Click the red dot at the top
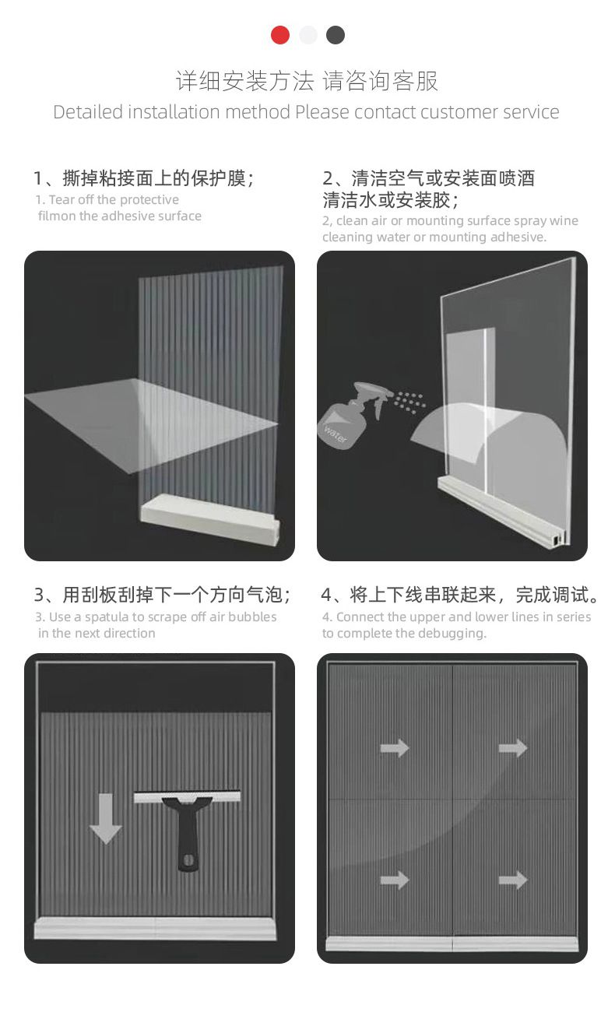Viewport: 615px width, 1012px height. pos(280,35)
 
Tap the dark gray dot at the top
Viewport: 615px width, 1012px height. pos(336,35)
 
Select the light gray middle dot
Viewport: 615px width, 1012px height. pos(307,35)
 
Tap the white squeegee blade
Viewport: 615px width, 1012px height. pos(187,796)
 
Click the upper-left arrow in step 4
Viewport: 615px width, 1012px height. pos(395,748)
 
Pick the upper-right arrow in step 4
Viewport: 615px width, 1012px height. pos(513,748)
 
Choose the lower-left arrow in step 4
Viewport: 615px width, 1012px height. pos(395,880)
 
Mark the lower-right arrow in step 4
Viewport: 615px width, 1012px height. pos(513,880)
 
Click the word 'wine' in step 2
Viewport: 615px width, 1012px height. pos(564,220)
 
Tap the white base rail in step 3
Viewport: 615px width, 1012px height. pos(155,928)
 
